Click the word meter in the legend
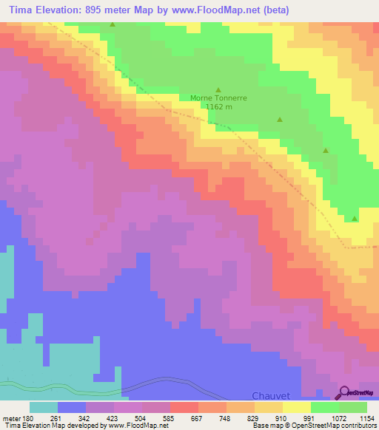(10, 417)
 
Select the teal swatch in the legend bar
(44, 407)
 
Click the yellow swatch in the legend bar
(297, 407)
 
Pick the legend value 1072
(335, 417)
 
